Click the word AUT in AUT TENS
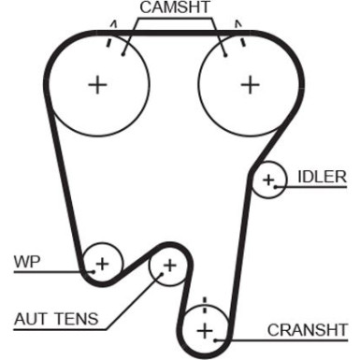(30, 319)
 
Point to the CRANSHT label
(305, 329)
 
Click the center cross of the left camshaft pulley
(97, 85)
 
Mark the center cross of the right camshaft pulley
(250, 85)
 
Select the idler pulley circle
(269, 180)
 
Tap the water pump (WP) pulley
(101, 263)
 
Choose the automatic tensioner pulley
(168, 266)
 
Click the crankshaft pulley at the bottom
(204, 328)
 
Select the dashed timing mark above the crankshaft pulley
(204, 305)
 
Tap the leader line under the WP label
(47, 272)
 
